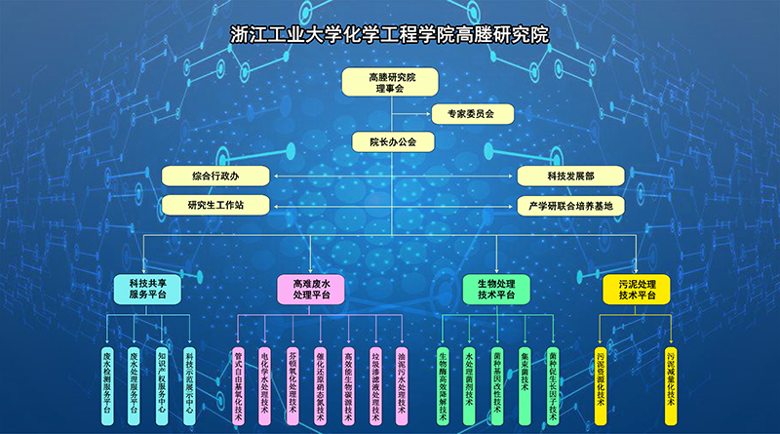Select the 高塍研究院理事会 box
click(390, 82)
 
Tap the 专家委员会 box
click(457, 114)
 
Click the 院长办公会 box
click(391, 142)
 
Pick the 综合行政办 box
click(215, 177)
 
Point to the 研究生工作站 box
click(215, 206)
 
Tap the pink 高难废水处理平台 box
click(312, 289)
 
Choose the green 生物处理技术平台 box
click(495, 289)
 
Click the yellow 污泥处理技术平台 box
click(638, 289)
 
